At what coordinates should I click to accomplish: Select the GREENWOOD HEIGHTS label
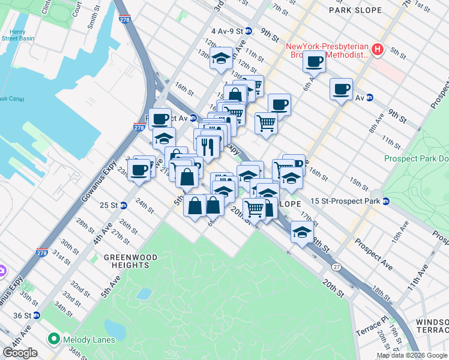click(x=130, y=261)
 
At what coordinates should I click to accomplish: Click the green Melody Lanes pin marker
click(x=53, y=340)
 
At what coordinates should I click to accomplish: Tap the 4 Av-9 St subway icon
click(x=249, y=31)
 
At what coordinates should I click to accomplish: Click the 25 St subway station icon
click(x=124, y=205)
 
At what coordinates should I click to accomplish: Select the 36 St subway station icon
click(x=37, y=316)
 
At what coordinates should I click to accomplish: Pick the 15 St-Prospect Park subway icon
click(x=386, y=201)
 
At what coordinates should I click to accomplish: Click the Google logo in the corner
click(x=21, y=353)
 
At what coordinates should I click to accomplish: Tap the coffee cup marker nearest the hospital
click(x=314, y=61)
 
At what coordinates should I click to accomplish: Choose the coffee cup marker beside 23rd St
click(x=139, y=170)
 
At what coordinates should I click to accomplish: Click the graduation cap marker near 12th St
click(x=221, y=59)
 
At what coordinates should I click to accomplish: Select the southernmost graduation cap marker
click(x=301, y=232)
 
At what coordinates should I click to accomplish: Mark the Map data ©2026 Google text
click(x=412, y=355)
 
